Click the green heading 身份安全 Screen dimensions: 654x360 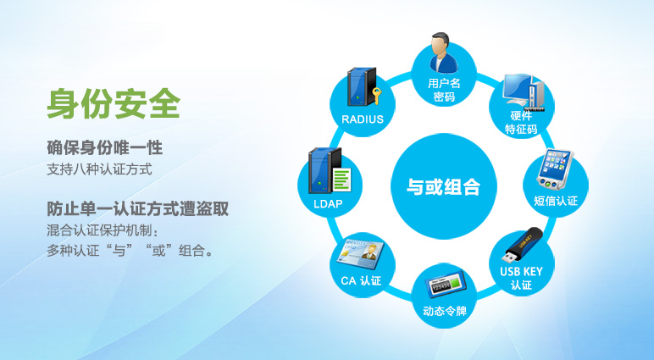(114, 103)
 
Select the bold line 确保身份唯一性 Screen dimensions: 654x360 (104, 147)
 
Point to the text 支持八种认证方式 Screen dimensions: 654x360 (99, 169)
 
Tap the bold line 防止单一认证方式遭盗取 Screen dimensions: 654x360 (137, 208)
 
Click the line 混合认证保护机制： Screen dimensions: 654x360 (103, 230)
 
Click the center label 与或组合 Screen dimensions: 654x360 (443, 186)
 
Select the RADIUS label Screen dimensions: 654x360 (363, 119)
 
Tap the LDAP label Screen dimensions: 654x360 (328, 204)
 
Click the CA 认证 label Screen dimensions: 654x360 (361, 280)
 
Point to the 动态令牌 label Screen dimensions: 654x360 (444, 311)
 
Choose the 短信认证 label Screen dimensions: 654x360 (556, 201)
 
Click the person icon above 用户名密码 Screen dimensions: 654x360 (443, 53)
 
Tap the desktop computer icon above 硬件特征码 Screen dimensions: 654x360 (524, 92)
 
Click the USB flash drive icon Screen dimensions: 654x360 (524, 245)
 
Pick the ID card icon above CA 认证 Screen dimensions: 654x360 (360, 253)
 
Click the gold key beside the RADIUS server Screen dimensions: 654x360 (377, 96)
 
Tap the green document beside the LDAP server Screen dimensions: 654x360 (341, 180)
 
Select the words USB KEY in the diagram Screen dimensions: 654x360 (521, 272)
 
